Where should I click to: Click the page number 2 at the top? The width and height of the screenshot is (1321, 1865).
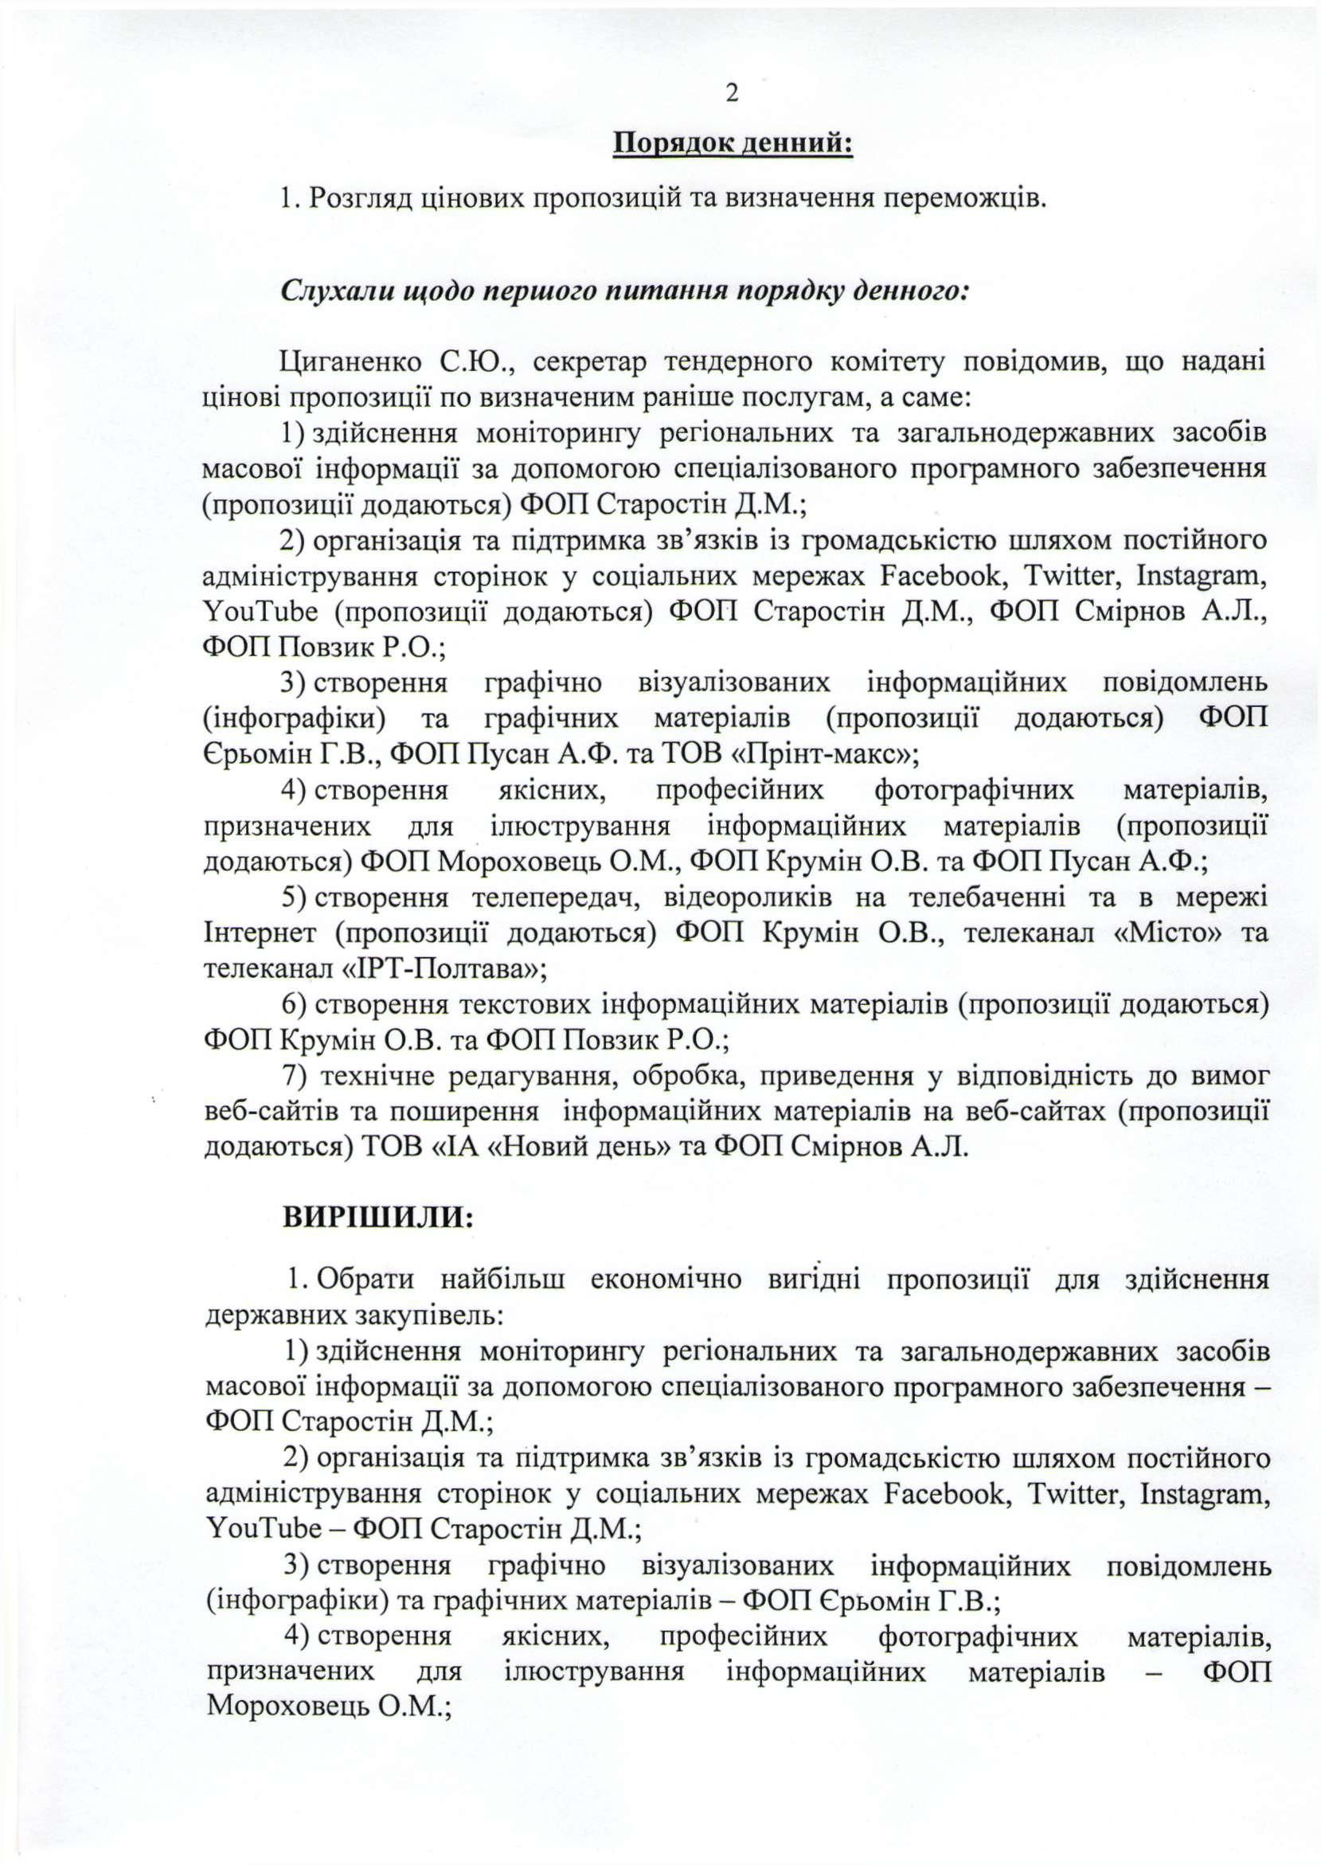(x=731, y=93)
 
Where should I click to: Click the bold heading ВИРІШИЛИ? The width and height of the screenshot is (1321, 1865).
(x=377, y=1217)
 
